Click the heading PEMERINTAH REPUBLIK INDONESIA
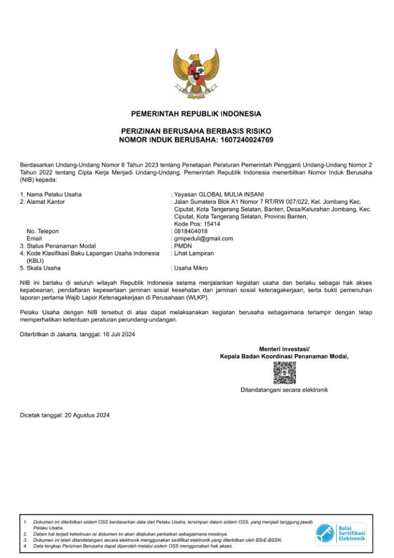click(196, 114)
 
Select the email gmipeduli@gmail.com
click(204, 239)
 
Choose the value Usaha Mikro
click(191, 268)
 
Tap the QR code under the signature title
click(284, 373)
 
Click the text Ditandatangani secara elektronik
click(284, 390)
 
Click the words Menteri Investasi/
click(284, 349)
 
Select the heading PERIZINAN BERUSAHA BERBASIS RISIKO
click(196, 132)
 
